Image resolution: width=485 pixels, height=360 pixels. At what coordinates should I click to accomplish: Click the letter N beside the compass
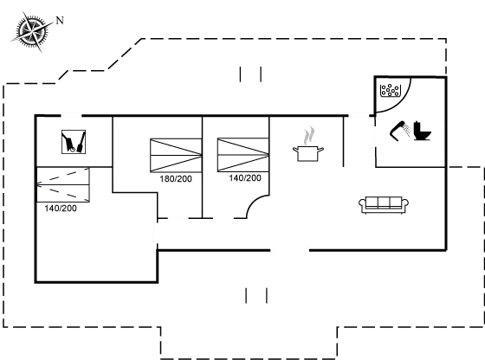click(x=60, y=19)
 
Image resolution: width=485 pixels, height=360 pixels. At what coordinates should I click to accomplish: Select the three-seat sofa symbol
click(x=383, y=203)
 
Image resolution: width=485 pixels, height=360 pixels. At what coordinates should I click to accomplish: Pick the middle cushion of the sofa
click(x=383, y=203)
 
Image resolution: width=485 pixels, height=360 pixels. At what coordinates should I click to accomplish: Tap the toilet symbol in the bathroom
click(x=411, y=132)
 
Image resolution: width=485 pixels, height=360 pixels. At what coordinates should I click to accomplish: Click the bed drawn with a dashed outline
click(x=63, y=183)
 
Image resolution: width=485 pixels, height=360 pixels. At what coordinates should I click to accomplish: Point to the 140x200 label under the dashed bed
click(x=60, y=208)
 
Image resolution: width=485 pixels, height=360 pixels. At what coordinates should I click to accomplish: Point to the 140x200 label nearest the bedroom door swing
click(x=245, y=178)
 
